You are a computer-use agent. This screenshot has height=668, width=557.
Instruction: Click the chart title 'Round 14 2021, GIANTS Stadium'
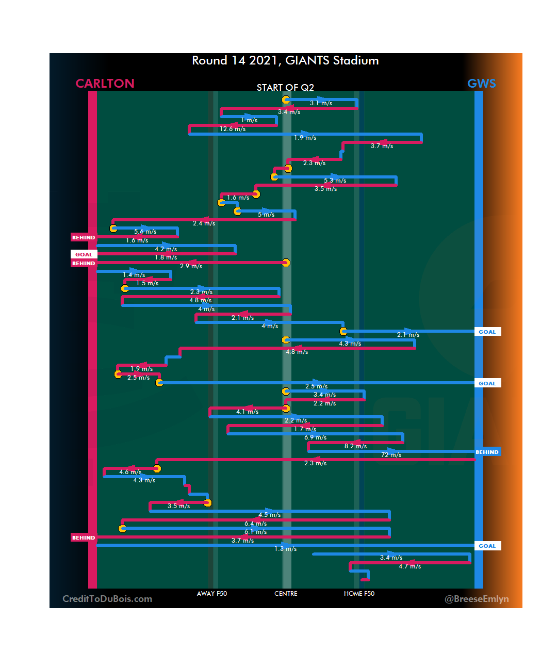tap(285, 61)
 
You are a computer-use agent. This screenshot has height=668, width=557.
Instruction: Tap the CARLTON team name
tap(105, 84)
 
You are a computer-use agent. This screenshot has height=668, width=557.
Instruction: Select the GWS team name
tap(481, 84)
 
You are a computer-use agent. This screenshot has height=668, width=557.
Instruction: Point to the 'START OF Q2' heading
tap(285, 88)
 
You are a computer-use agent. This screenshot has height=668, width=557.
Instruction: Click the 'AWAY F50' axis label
tap(211, 594)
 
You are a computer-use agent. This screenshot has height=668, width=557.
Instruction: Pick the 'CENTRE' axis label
tap(286, 594)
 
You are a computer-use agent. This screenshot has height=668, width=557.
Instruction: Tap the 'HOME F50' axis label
tap(359, 594)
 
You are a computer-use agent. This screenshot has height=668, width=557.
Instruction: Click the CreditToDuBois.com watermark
tap(107, 599)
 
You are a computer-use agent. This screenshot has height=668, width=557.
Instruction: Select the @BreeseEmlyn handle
tap(477, 599)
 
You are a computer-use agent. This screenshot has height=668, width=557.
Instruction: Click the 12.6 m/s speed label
tap(233, 129)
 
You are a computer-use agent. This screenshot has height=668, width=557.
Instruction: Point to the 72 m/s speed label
tap(391, 455)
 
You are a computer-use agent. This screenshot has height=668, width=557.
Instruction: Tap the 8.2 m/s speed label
tap(355, 446)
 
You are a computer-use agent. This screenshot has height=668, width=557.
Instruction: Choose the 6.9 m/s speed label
tap(315, 437)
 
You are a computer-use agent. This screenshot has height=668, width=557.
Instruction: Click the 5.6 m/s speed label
tap(145, 232)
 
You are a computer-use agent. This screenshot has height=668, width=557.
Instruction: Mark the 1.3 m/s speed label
tap(285, 549)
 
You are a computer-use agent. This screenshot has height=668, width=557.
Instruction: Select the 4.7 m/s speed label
tap(409, 566)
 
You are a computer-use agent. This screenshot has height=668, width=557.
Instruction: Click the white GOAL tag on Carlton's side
tap(84, 254)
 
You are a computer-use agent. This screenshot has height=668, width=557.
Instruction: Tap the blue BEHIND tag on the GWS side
tap(487, 452)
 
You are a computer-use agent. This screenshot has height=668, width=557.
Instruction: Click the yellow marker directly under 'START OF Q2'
tap(286, 100)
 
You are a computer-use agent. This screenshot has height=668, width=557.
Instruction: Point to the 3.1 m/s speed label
tap(321, 103)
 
